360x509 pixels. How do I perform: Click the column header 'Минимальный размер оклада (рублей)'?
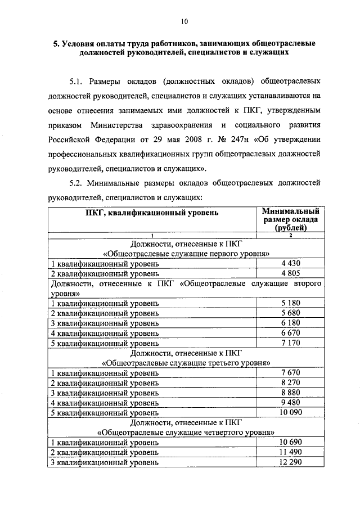pos(291,219)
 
